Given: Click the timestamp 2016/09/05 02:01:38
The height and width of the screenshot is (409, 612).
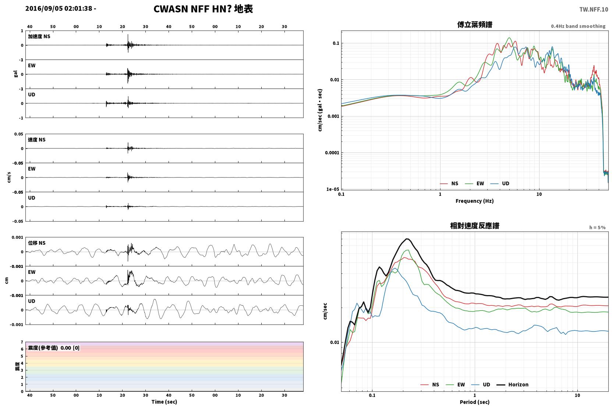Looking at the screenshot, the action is pos(59,8).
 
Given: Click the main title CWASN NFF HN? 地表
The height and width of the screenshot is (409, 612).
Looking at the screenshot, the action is pos(203,9).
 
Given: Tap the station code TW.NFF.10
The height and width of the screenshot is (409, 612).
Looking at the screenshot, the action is pos(594,10).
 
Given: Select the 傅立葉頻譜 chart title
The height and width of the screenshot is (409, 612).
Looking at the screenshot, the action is pos(475,25).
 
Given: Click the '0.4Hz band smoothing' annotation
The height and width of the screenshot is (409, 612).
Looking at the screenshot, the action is pos(578,26).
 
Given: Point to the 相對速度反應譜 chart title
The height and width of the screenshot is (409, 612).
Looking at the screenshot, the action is pos(475,226).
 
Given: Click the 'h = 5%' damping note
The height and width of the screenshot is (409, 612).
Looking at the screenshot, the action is pos(597,227).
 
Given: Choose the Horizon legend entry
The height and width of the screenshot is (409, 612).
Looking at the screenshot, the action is pos(512,384).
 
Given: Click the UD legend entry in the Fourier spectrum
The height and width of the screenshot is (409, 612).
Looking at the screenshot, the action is pos(500,183).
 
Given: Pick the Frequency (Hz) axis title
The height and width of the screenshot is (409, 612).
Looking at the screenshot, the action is pos(475,201).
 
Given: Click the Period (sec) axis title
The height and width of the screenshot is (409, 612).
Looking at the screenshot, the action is pos(475,402).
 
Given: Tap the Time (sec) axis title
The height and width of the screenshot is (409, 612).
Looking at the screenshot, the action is pos(164,402).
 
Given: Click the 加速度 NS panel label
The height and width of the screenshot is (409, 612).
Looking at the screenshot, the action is pos(39,36).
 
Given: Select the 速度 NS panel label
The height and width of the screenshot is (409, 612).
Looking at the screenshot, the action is pos(36,140).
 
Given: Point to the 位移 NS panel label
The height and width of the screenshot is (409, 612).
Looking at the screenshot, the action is pos(36,243).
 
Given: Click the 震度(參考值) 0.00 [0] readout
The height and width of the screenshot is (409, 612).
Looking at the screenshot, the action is pos(54,348).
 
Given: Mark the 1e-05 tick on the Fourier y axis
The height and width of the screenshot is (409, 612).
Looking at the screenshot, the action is pos(333,189).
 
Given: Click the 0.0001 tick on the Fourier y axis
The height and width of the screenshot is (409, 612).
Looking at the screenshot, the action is pos(332,153).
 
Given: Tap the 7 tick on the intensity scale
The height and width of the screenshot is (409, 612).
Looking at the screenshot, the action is pos(22,342).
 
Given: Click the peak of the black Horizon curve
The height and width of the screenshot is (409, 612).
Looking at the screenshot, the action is pos(407,239).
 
